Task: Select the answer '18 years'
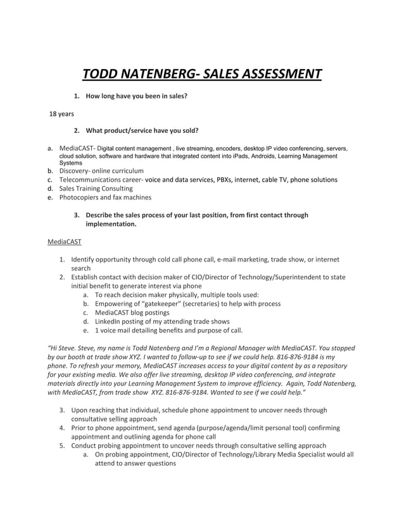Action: click(x=62, y=114)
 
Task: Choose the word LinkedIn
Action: click(x=108, y=321)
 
